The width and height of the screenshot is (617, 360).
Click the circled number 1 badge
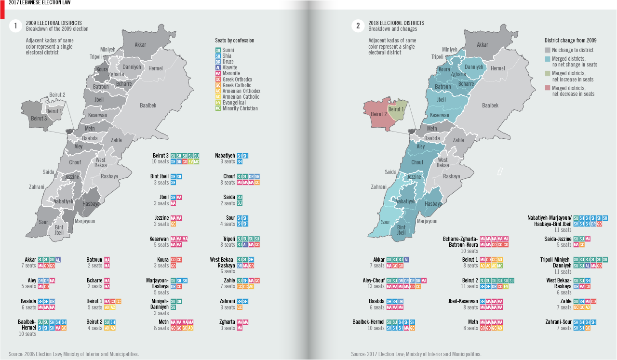[16, 26]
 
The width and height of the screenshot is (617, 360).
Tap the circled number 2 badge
[358, 26]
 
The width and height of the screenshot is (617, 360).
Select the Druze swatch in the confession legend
[218, 62]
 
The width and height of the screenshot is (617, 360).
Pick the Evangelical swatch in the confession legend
[218, 103]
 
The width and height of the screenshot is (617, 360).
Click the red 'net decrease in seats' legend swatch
[548, 88]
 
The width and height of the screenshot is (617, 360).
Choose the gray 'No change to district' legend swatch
[548, 50]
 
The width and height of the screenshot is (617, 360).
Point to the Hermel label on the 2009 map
[156, 68]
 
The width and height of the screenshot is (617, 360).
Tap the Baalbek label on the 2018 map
[490, 105]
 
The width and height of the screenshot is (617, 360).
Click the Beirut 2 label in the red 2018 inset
[379, 114]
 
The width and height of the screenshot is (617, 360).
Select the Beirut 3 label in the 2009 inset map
[39, 118]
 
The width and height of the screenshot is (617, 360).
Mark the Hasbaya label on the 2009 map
[91, 204]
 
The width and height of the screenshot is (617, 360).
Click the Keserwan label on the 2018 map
[439, 115]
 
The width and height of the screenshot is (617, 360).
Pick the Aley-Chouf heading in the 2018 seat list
[374, 280]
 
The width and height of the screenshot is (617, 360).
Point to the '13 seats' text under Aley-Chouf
[376, 287]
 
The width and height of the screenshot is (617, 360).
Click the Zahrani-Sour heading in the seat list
[558, 322]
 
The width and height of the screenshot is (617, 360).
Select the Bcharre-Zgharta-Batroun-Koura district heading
[460, 242]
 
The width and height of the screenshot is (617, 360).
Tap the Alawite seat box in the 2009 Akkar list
[58, 260]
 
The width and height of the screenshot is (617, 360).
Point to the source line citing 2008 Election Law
[74, 354]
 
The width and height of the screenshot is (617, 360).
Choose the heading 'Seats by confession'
[234, 40]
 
